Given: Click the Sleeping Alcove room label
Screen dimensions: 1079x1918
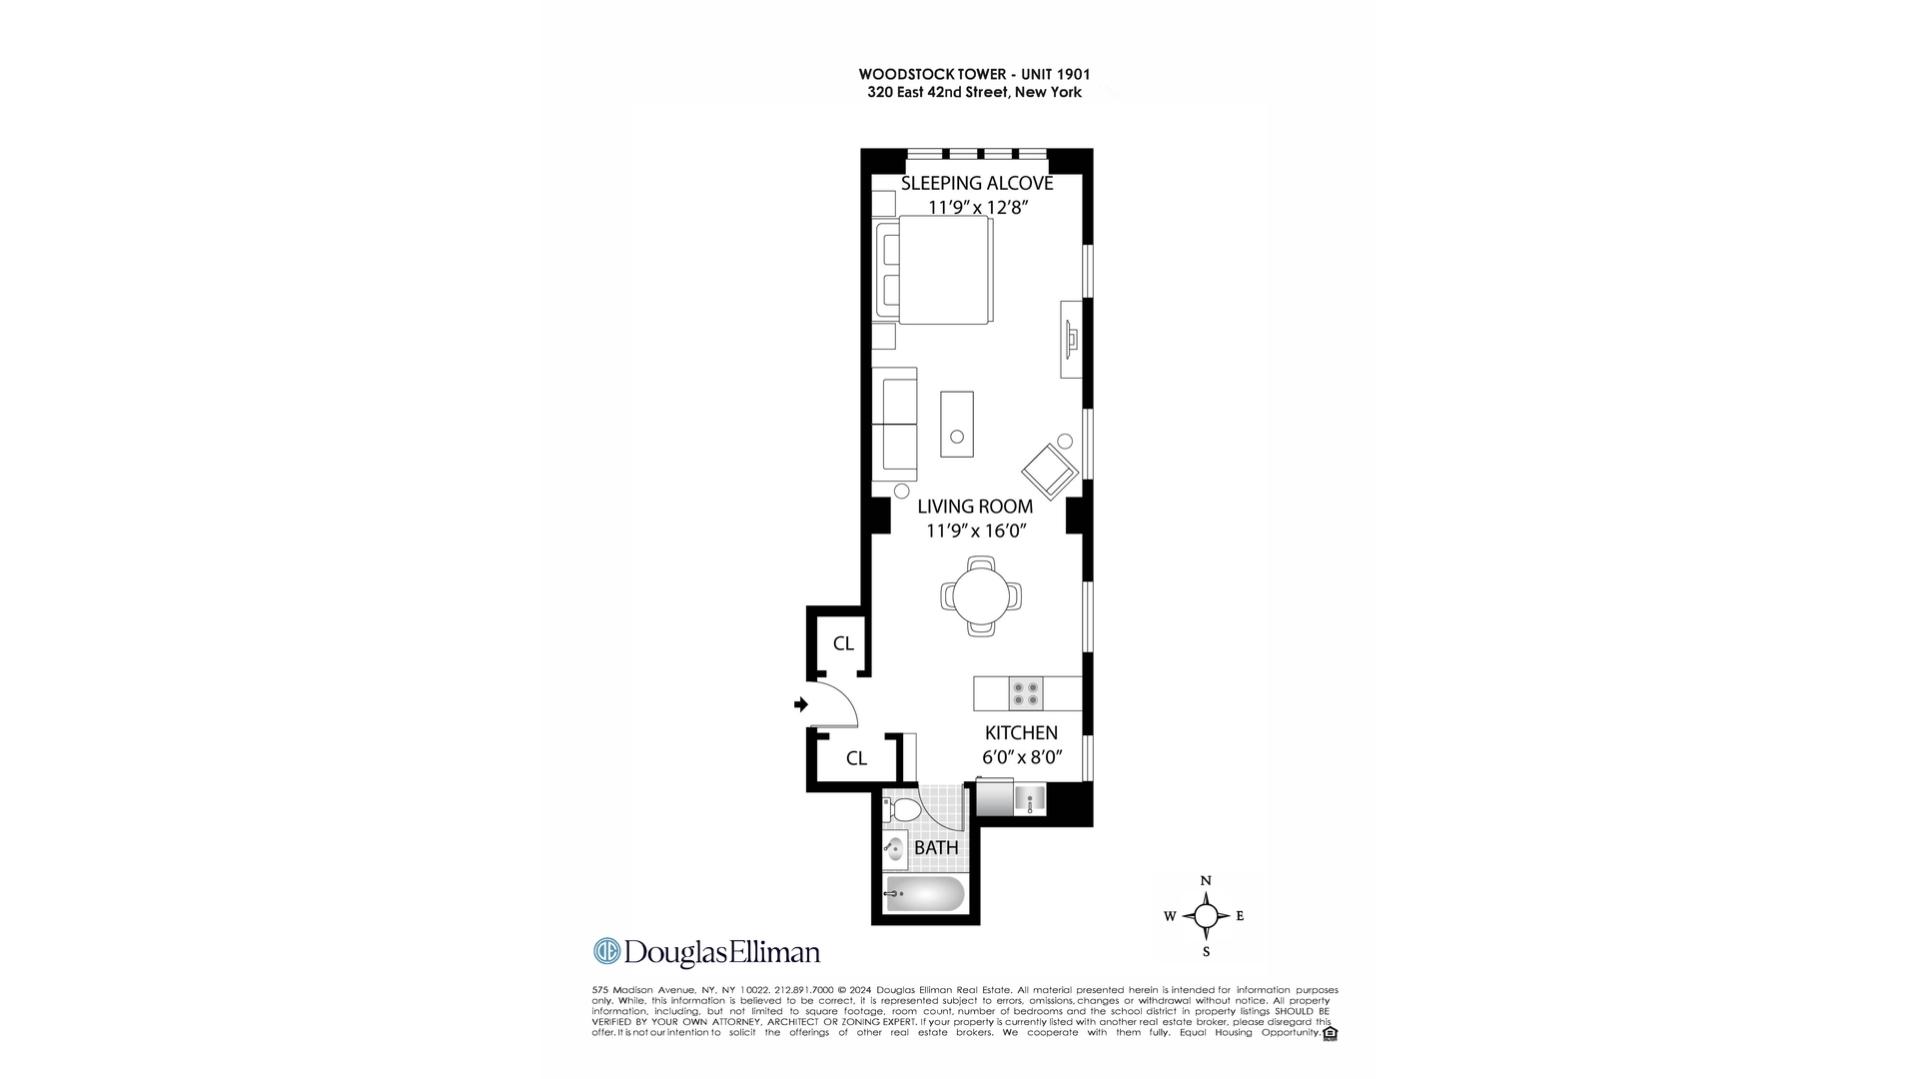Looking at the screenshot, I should point(977,183).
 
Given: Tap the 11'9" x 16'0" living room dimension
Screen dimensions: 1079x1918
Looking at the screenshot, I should point(976,532).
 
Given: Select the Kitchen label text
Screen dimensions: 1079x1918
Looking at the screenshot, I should point(1021,732).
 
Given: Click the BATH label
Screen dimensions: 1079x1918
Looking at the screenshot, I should point(936,847).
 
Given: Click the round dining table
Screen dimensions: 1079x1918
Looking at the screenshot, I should point(981,596).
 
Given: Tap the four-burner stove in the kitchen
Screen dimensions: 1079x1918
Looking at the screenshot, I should point(1026,693).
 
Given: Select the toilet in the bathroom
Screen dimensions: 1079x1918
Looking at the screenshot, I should point(904,808).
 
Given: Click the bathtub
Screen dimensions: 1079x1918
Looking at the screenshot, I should point(925,894).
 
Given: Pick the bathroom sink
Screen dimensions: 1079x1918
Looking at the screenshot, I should point(894,849).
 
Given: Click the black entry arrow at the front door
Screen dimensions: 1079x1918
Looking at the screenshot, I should point(800,704).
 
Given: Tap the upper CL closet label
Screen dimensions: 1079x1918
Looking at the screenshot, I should point(843,643).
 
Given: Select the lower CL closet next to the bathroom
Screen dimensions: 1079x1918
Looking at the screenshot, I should point(856,758).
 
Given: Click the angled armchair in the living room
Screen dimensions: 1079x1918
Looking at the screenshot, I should point(1049,471).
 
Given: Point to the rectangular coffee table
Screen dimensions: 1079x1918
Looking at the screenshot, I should point(957,424).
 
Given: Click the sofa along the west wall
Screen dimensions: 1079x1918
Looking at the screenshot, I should point(895,424).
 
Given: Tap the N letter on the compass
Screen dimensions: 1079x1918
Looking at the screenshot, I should point(1206,880).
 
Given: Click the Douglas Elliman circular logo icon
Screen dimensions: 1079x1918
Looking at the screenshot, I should point(606,951).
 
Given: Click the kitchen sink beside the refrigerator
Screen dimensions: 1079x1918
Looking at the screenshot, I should point(1030,800).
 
